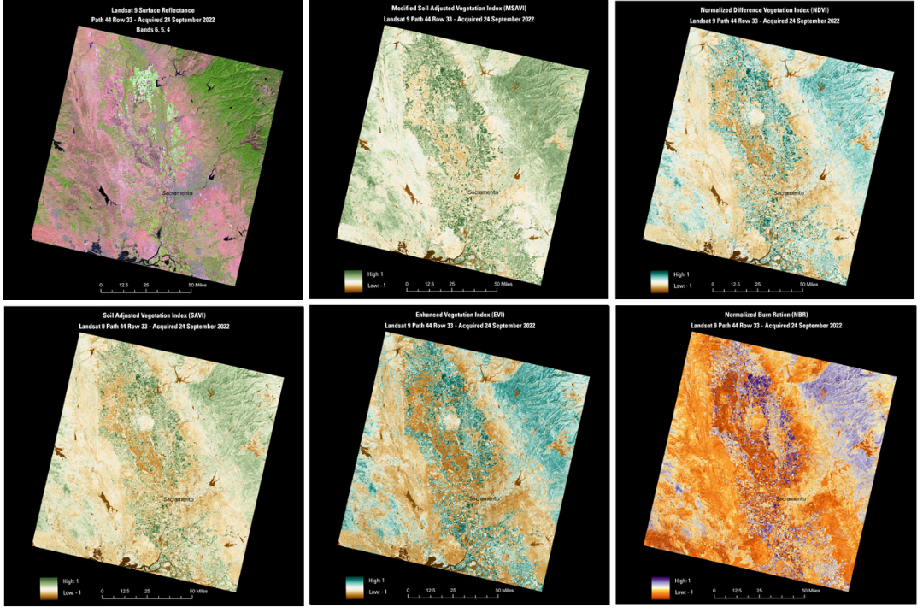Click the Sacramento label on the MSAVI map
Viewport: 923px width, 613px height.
click(482, 192)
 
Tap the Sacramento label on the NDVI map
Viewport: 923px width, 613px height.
click(789, 193)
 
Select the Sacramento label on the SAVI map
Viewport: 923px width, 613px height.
click(178, 498)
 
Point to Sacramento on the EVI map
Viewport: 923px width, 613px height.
click(484, 498)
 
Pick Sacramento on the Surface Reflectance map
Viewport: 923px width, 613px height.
click(178, 193)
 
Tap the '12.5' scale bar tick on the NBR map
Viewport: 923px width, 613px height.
click(736, 591)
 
